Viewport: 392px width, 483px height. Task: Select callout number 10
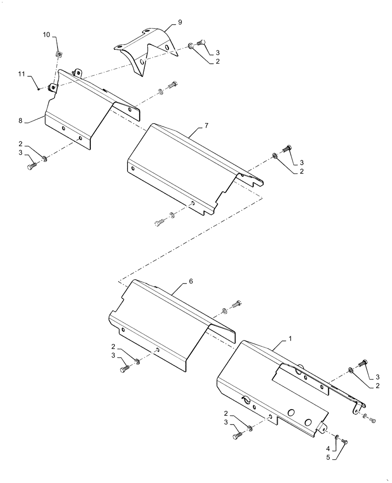[x=46, y=35]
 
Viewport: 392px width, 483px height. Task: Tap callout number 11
[x=21, y=74]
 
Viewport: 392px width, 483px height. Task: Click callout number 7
[x=206, y=126]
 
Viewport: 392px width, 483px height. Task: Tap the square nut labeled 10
[x=57, y=54]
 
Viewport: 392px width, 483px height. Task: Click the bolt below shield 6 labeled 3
[x=125, y=369]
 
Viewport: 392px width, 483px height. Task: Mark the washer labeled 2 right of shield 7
[x=274, y=156]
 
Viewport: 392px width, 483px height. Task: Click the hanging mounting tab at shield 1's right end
[x=356, y=409]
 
